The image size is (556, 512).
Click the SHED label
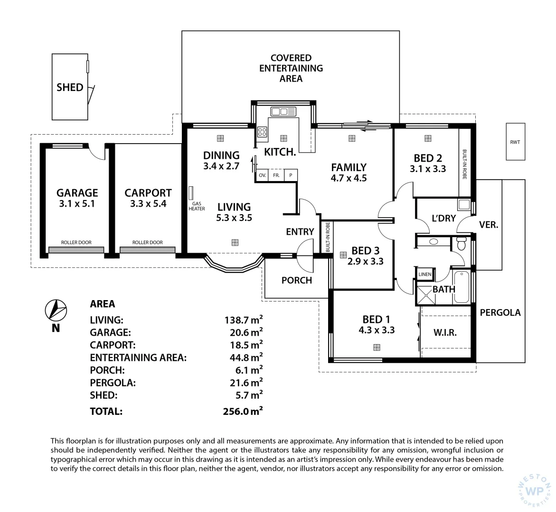click(x=70, y=87)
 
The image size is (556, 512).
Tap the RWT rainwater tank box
click(x=515, y=142)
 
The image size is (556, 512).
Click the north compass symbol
click(x=56, y=310)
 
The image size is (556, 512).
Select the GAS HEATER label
click(x=197, y=206)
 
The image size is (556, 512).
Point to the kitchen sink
click(x=283, y=112)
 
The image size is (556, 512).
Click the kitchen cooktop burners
click(x=262, y=132)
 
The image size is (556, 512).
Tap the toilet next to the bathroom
click(x=461, y=243)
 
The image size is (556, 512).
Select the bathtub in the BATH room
click(x=462, y=287)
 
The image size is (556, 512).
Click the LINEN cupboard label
click(x=425, y=274)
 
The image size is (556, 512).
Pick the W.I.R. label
click(x=445, y=332)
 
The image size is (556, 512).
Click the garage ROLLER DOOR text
click(x=76, y=243)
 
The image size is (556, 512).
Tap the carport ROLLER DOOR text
click(x=148, y=243)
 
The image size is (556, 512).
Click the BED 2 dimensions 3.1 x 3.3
click(x=428, y=169)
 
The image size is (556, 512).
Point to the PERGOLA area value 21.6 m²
click(x=246, y=383)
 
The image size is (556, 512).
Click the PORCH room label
click(x=297, y=280)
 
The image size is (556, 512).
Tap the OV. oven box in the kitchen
click(x=263, y=175)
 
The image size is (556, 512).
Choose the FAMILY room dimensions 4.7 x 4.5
click(x=349, y=178)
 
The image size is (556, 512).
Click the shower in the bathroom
click(x=426, y=295)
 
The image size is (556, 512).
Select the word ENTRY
click(x=300, y=231)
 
